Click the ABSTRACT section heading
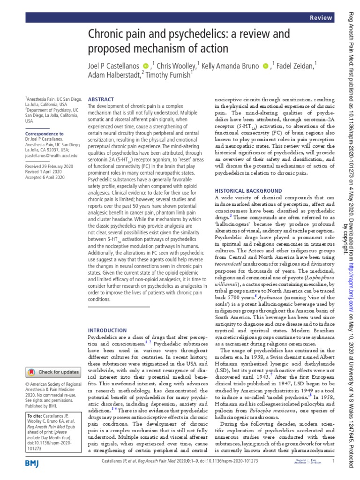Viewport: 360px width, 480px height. pyautogui.click(x=101, y=100)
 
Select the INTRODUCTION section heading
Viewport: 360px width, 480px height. pyautogui.click(x=107, y=330)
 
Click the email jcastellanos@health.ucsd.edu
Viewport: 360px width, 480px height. pyautogui.click(x=51, y=155)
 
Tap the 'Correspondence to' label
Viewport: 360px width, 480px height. pyautogui.click(x=44, y=134)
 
